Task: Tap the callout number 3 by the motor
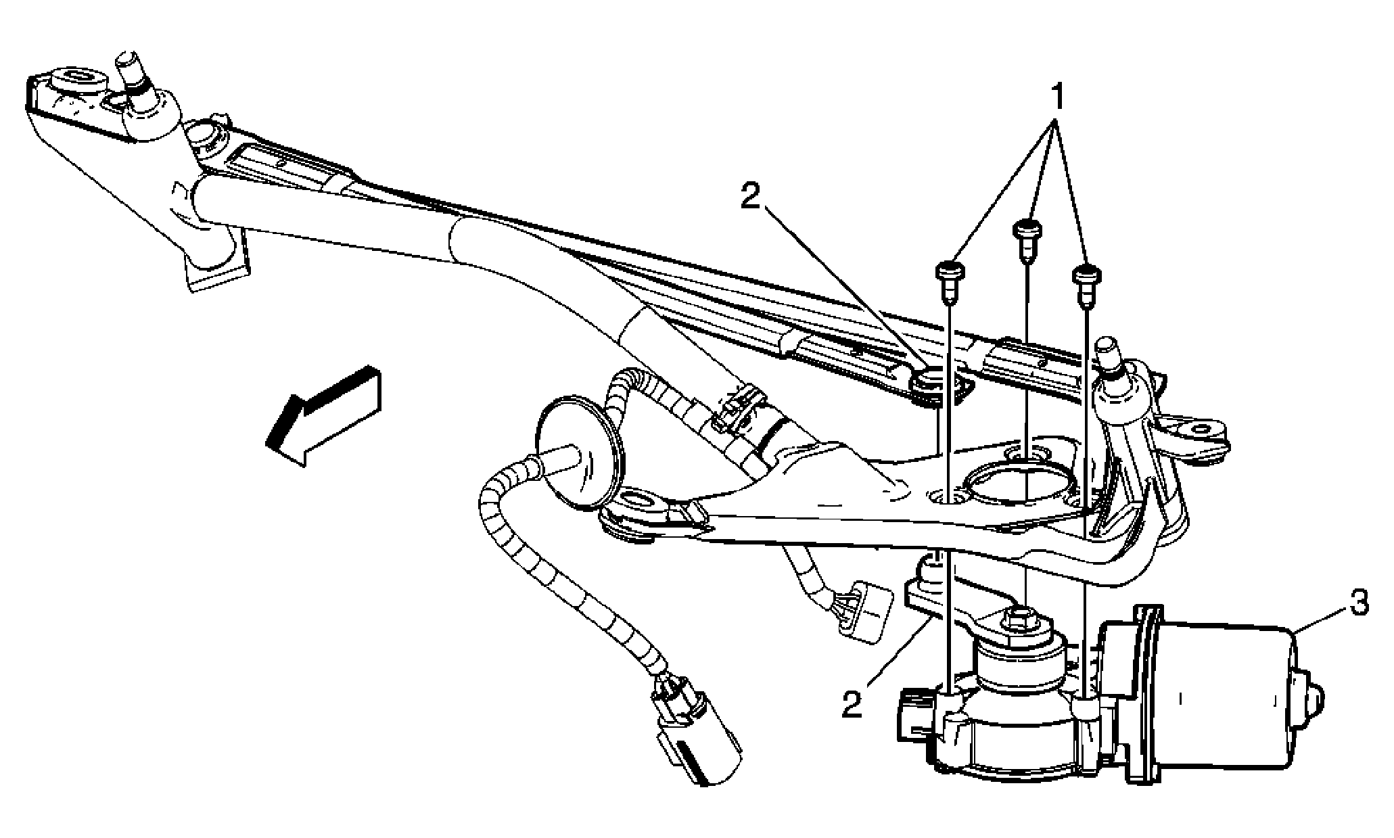(x=1360, y=603)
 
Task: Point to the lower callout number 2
(x=853, y=703)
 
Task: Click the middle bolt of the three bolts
(x=1027, y=237)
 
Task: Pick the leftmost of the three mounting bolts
(x=950, y=280)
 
